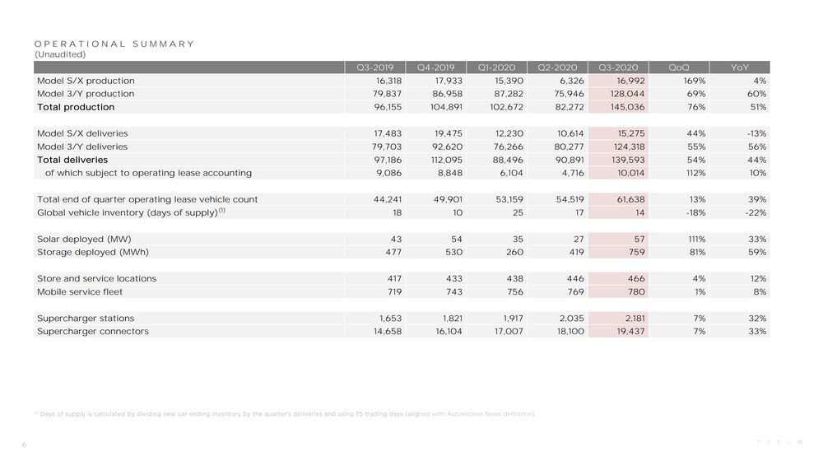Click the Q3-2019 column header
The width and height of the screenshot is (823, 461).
[374, 68]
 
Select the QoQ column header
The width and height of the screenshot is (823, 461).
[679, 68]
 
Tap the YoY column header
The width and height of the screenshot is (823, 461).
[740, 68]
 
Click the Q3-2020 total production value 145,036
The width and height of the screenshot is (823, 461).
[628, 106]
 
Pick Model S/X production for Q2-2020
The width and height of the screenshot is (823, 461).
[569, 81]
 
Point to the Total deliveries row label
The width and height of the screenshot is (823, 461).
[72, 160]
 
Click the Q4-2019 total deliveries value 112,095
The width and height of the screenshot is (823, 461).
[447, 160]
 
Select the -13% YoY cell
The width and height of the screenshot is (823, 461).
[756, 133]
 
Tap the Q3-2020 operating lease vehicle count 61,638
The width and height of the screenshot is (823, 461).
[630, 199]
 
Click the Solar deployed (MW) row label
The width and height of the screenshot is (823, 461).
[84, 239]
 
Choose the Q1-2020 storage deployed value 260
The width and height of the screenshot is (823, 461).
[514, 252]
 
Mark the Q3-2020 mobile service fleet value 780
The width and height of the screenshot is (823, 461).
[636, 291]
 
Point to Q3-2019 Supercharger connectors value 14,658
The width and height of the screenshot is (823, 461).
[388, 331]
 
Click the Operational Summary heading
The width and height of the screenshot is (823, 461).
[114, 44]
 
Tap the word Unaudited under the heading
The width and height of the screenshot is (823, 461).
[60, 54]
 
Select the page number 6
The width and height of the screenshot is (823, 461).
[24, 445]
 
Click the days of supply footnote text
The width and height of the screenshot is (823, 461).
[285, 414]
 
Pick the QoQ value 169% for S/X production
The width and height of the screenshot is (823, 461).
[695, 81]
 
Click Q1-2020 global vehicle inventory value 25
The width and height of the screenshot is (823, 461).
[518, 212]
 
